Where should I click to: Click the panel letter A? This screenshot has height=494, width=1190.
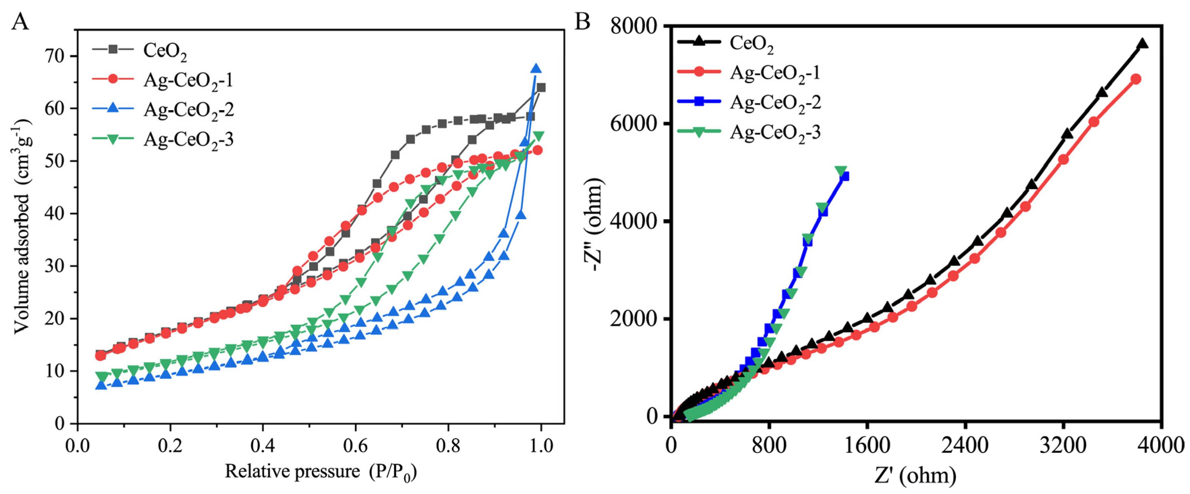click(20, 21)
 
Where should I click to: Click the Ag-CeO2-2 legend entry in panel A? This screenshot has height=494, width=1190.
click(188, 110)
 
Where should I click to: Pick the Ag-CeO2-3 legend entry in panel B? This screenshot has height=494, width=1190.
click(775, 132)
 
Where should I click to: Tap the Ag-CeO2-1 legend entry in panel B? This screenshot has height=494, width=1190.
click(775, 73)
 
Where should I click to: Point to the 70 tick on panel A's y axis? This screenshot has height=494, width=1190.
click(55, 56)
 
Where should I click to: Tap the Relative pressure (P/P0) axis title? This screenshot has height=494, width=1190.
click(321, 472)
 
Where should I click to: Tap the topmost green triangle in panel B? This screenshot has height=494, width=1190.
click(841, 171)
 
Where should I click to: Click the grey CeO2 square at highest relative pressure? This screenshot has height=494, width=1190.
click(540, 88)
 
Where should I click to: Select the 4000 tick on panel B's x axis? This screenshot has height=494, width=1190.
click(1161, 446)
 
